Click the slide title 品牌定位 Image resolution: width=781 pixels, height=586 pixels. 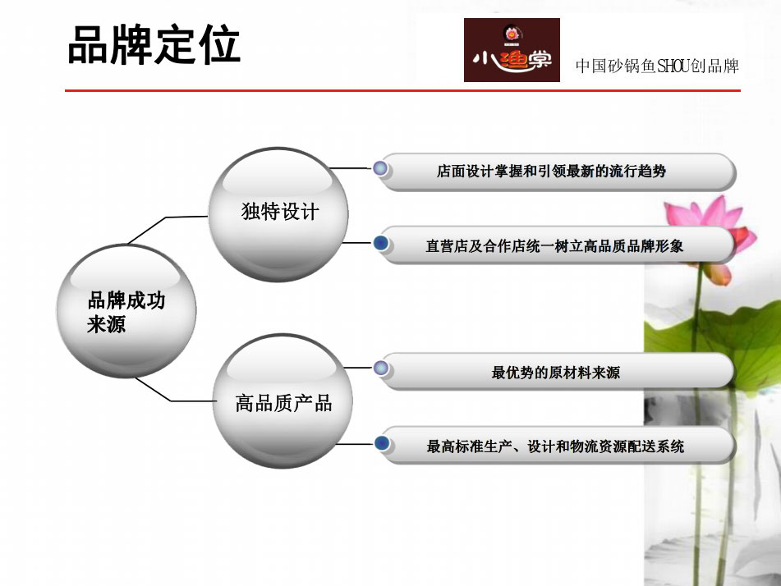(x=154, y=45)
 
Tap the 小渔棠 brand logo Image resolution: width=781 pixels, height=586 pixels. (x=512, y=50)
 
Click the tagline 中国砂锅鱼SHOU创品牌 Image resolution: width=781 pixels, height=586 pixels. (x=657, y=66)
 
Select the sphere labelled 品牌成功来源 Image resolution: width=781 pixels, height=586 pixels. (x=126, y=311)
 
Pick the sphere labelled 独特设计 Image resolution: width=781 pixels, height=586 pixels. (x=278, y=214)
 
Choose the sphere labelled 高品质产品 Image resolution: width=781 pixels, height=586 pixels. (x=283, y=401)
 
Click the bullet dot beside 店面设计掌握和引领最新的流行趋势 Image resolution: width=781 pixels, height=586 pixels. (x=380, y=168)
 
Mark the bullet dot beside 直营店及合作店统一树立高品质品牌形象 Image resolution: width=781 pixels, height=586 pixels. (x=380, y=244)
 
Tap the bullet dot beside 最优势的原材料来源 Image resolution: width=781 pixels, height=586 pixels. (x=380, y=368)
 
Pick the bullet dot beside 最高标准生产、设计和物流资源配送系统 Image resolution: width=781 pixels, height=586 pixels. (x=382, y=443)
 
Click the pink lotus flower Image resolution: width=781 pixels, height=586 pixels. (x=712, y=234)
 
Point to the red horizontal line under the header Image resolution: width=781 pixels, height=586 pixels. (x=402, y=90)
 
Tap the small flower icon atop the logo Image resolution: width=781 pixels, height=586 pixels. (x=512, y=34)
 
